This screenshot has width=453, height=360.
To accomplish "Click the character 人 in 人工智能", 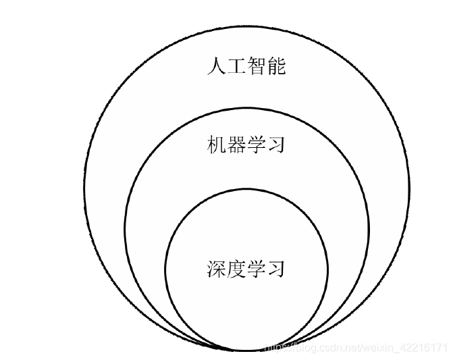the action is pyautogui.click(x=217, y=66).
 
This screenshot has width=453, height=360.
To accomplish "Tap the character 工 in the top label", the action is pyautogui.click(x=237, y=66).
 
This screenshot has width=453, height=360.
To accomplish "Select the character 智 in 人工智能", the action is pyautogui.click(x=257, y=66).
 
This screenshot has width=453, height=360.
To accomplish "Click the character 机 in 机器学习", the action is pyautogui.click(x=217, y=145).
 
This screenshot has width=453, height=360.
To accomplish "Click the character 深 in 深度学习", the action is pyautogui.click(x=217, y=269).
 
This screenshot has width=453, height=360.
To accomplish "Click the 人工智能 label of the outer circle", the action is pyautogui.click(x=246, y=66).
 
